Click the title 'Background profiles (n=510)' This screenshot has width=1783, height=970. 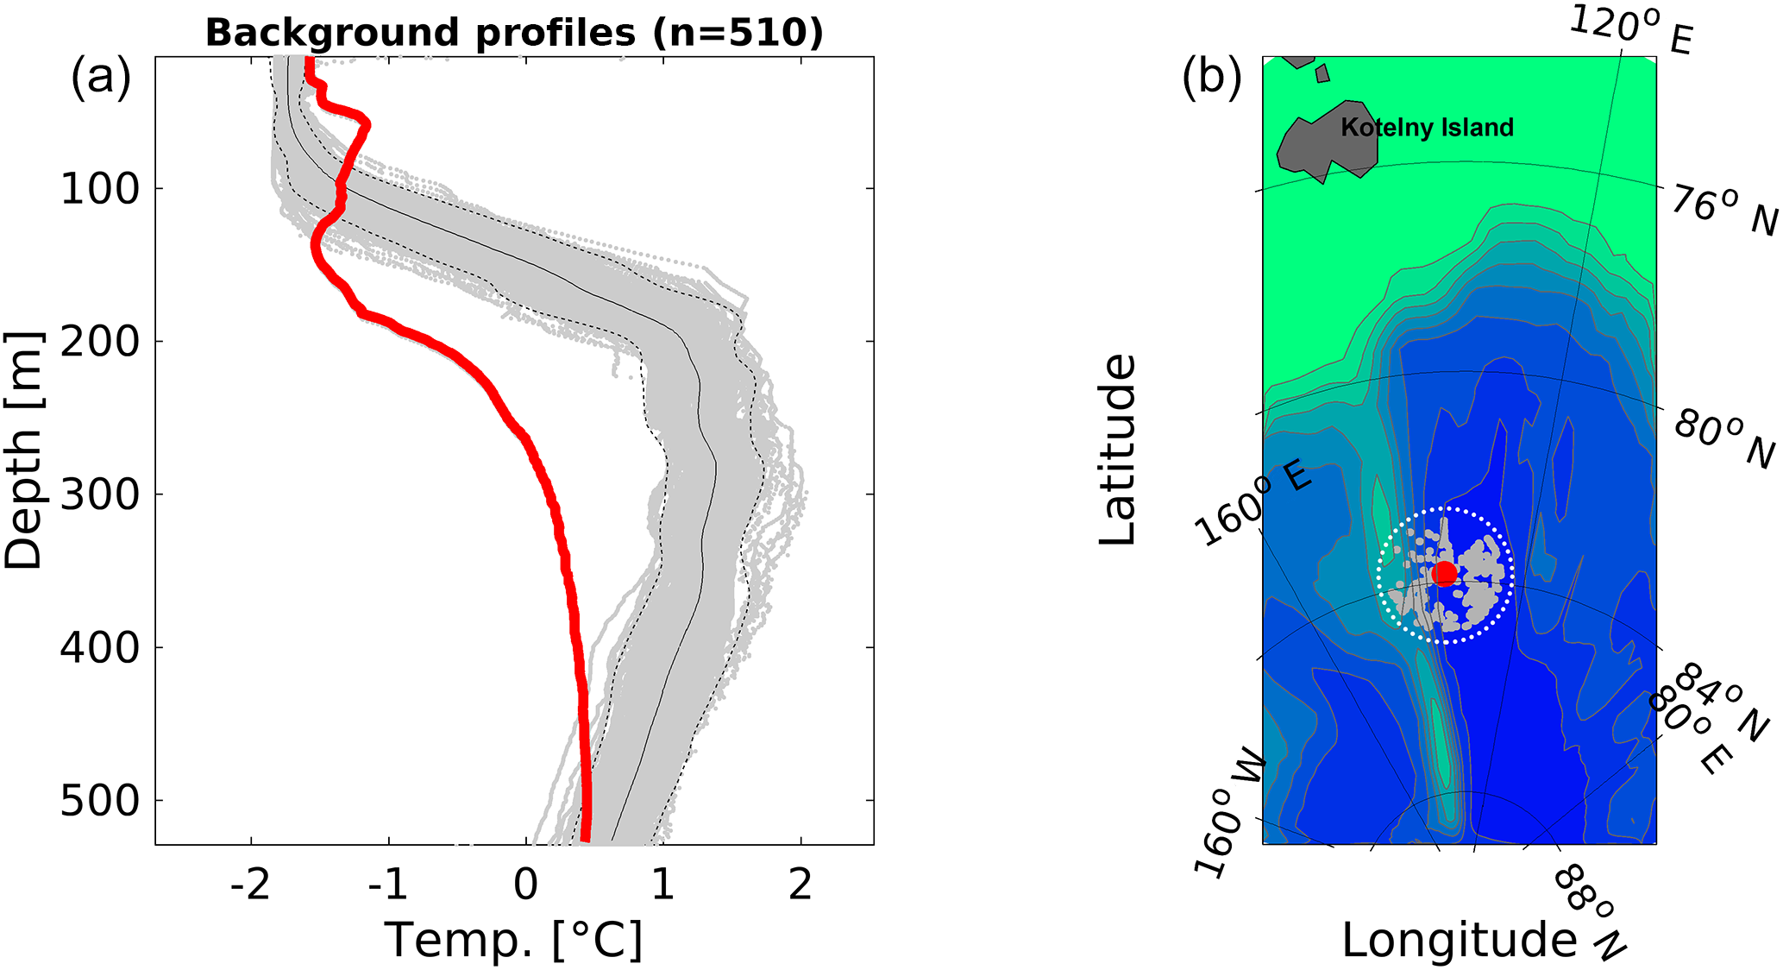514,33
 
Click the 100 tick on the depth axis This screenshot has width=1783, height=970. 99,189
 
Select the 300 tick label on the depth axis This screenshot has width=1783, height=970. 99,495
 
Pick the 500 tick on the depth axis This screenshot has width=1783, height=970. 99,802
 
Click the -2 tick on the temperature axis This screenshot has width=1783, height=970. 251,885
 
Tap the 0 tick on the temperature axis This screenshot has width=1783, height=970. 525,885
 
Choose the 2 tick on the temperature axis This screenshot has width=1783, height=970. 800,885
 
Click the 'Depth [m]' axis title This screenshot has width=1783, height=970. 23,449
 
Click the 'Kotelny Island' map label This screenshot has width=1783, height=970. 1427,128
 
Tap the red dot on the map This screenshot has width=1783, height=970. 1444,573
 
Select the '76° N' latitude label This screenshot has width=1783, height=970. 1723,211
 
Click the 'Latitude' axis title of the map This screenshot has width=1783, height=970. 1118,449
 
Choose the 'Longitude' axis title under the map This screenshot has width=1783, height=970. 1459,940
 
